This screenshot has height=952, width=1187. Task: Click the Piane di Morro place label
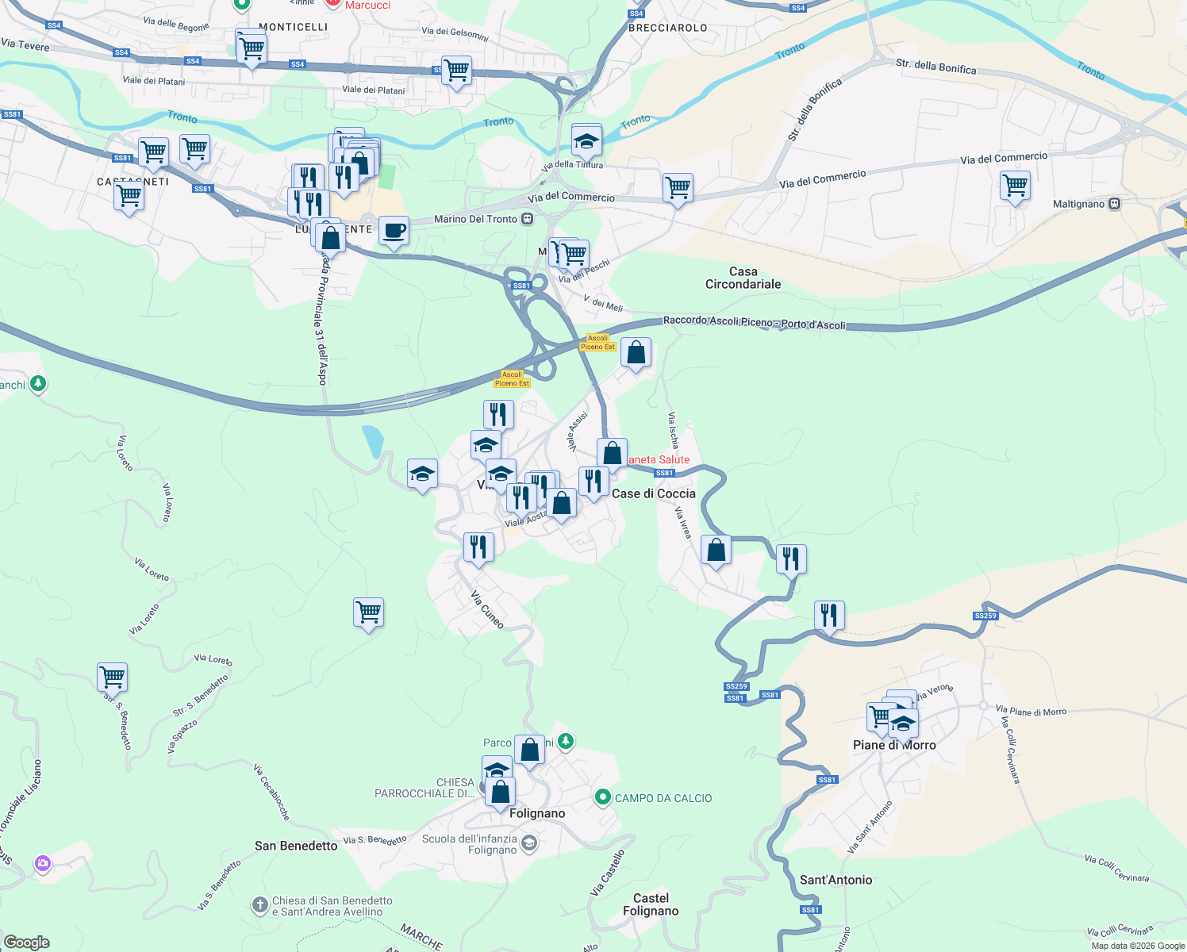coord(894,746)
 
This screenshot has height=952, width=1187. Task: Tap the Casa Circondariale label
coord(743,278)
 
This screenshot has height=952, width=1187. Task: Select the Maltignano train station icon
coord(1115,204)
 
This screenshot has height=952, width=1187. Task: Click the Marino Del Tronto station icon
coord(528,219)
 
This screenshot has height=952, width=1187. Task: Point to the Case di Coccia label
coord(653,493)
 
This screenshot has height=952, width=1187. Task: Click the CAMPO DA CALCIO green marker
coord(602,797)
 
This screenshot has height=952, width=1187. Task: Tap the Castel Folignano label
coord(651,904)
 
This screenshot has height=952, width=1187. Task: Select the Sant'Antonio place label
coord(836,880)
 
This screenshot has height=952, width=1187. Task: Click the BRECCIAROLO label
coord(667,28)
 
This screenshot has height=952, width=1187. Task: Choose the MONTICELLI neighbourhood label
coord(294,27)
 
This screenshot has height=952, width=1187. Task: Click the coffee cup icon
coord(394,231)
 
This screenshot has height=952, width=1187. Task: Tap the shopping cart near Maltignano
coord(1016,186)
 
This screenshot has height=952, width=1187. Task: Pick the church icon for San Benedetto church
coord(259,904)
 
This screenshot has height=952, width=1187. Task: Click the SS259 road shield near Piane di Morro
coord(985,616)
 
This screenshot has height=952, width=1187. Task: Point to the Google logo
coord(27,942)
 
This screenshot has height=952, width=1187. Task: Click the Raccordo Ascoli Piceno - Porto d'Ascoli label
coord(754,322)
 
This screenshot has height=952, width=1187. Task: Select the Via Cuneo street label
coord(487,609)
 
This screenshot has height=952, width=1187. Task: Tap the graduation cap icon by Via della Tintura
coord(586,141)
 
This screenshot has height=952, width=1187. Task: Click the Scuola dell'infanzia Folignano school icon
coord(529,843)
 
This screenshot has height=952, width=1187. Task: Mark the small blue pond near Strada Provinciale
coord(371,441)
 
